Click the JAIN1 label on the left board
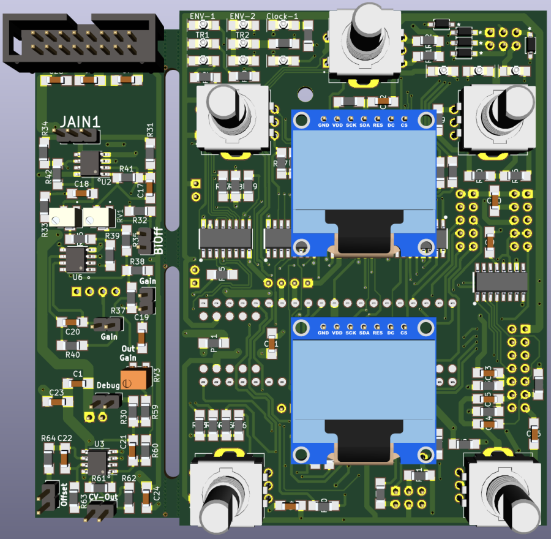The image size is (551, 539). (79, 121)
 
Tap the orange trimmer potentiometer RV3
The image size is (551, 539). (135, 378)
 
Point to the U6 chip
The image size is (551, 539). (77, 258)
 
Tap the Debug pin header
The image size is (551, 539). (105, 402)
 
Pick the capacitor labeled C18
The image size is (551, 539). (81, 194)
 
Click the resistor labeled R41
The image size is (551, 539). (127, 177)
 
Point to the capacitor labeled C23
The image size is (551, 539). (56, 402)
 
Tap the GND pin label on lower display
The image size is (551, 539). (324, 333)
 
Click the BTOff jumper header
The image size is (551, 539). (145, 241)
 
